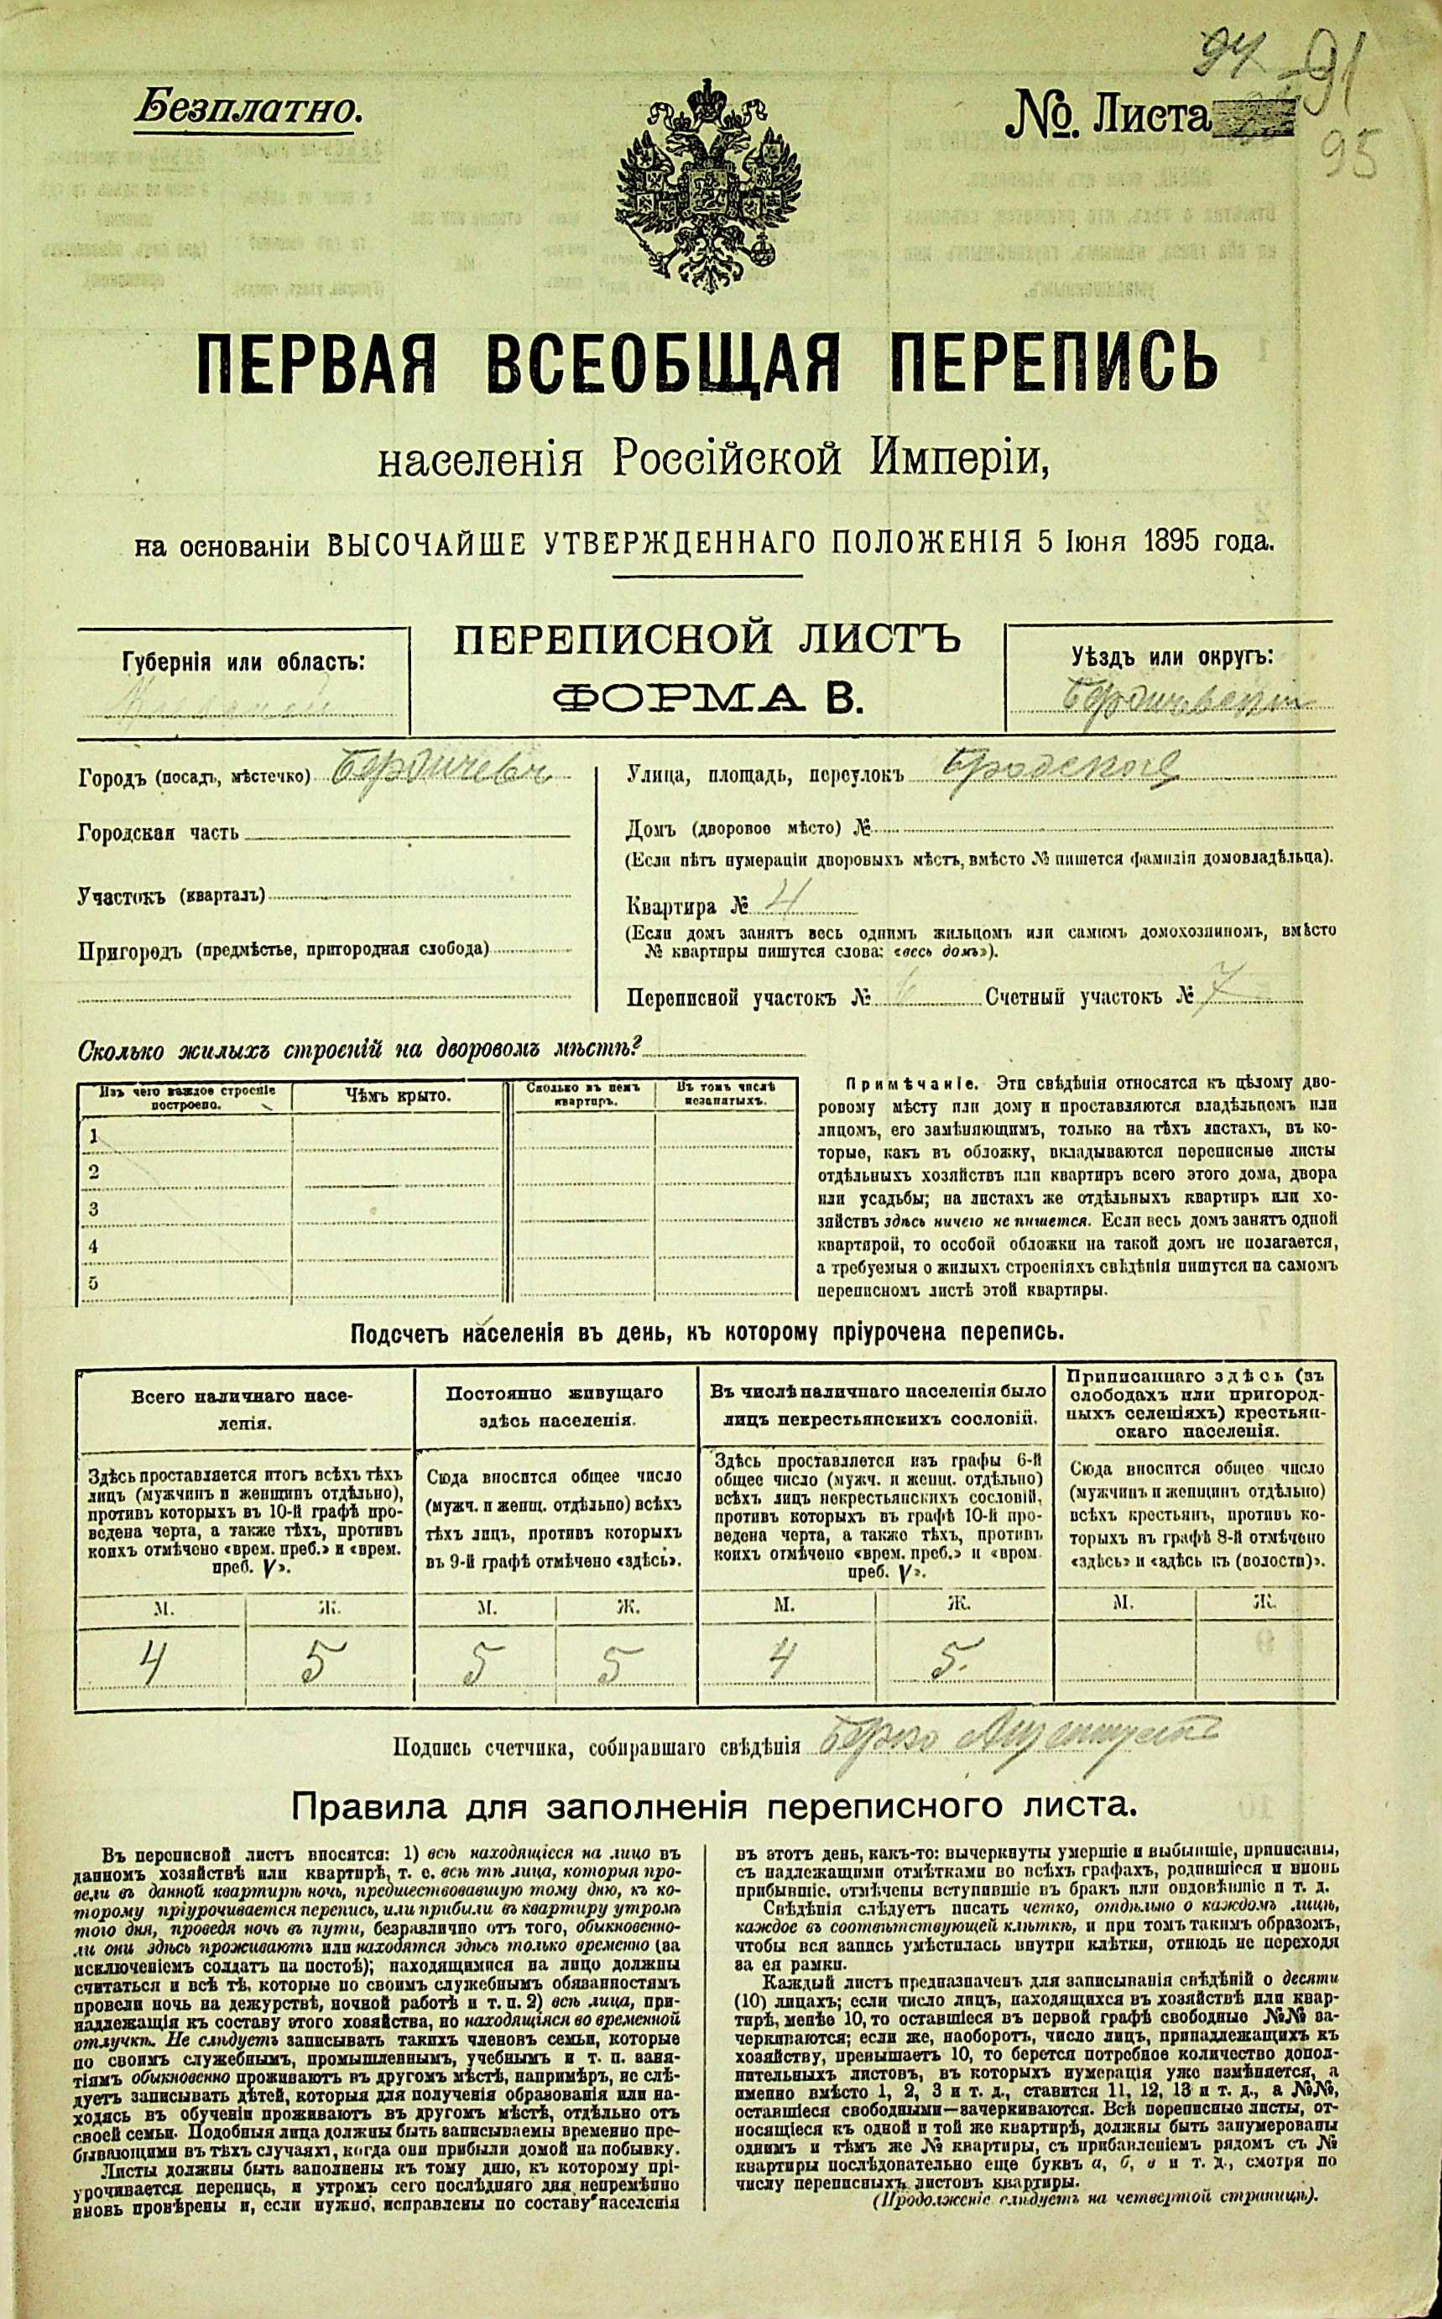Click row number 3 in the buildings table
[94, 1209]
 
